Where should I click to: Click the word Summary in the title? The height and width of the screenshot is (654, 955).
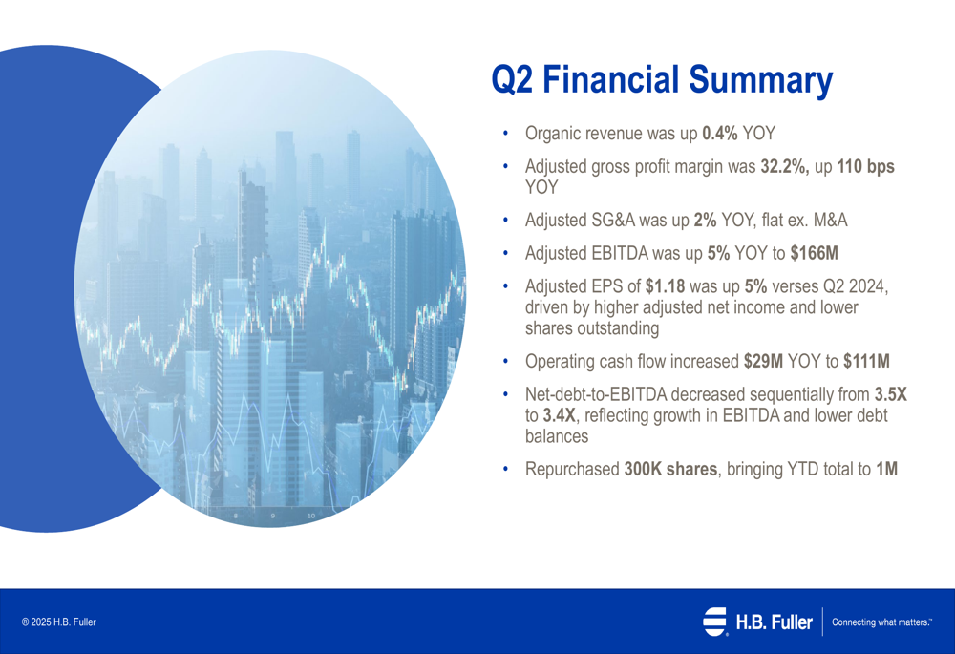pos(761,80)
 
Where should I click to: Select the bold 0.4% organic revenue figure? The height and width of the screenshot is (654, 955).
pos(720,134)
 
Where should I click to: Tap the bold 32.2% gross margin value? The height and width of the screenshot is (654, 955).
pos(784,167)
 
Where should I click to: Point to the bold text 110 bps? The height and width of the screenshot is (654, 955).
pos(865,167)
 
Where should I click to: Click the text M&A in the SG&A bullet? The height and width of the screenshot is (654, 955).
pos(830,220)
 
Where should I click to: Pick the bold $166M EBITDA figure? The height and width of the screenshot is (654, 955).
pos(815,253)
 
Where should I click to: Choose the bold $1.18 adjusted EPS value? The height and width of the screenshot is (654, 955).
pos(665,286)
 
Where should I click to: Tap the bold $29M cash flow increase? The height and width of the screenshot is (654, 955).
pos(763,362)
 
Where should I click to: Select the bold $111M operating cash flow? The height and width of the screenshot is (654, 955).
pos(867,362)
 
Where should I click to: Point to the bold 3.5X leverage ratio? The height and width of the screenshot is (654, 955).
pos(891,394)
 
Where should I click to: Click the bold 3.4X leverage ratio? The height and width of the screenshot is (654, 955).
pos(559,416)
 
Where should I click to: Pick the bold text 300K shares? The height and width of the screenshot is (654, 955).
pos(670,470)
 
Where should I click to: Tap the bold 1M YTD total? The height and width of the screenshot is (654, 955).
pos(887,470)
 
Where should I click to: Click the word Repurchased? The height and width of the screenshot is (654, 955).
pos(572,470)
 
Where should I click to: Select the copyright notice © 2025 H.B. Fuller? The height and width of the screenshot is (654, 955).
pos(59,622)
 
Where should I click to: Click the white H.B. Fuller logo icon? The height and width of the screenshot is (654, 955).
pos(715,622)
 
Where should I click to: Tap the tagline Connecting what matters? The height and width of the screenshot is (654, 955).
pos(881,622)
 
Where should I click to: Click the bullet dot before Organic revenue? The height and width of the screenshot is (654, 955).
pos(505,134)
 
